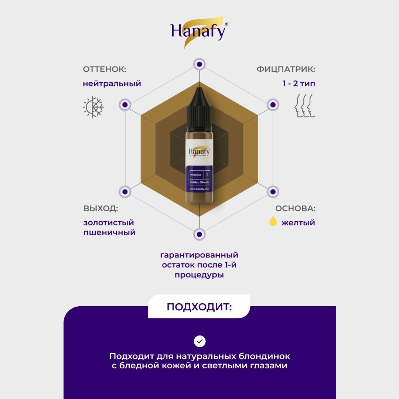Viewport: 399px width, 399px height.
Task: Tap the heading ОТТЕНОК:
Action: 105,69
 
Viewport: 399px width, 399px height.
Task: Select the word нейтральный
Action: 112,83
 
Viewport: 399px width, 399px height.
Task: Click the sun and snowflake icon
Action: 93,107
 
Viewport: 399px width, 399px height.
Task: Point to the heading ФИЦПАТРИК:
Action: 286,69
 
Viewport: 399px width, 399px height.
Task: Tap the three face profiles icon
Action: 304,106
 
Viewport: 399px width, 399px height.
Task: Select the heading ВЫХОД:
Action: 101,208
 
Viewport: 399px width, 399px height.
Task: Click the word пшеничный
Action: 109,233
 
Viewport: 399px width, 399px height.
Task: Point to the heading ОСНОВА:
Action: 295,208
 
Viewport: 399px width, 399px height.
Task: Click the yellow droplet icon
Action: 273,221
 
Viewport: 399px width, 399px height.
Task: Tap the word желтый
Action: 298,223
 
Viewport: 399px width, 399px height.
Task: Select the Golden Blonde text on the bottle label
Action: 200,182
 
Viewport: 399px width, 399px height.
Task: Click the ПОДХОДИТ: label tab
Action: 199,307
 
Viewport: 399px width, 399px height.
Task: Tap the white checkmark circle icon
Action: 199,341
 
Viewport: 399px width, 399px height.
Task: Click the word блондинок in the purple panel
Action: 263,357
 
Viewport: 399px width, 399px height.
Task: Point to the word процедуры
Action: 199,275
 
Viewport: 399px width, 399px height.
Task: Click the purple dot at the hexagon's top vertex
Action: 199,64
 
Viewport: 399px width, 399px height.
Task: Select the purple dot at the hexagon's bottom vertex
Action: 199,234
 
